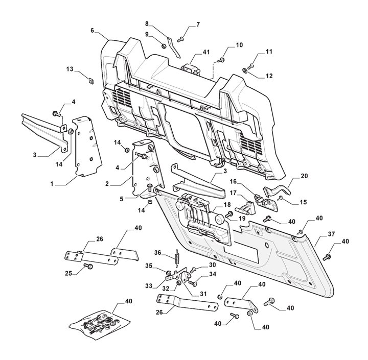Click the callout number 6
(93, 30)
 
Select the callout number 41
(206, 53)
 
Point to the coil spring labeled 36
(177, 258)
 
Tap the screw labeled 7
(180, 38)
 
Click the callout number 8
(147, 23)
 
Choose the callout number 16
(233, 181)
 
